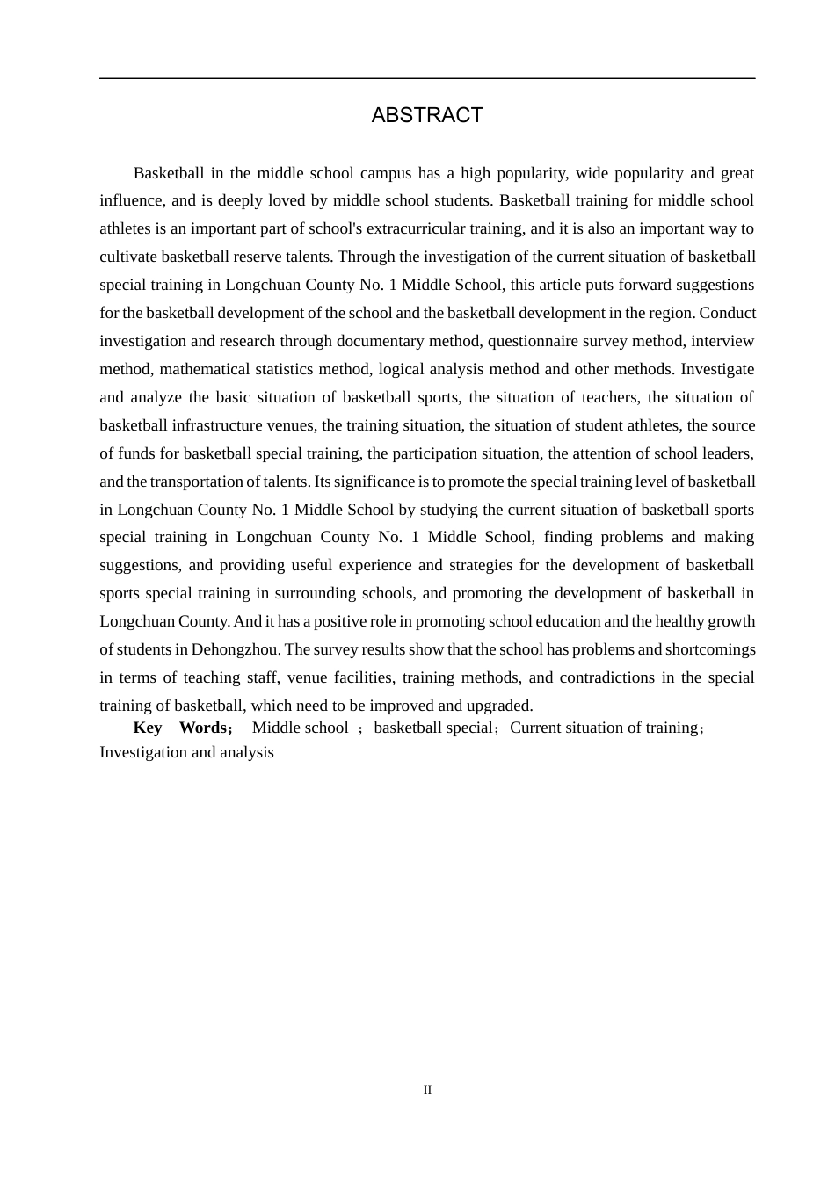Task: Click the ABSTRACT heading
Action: pyautogui.click(x=427, y=115)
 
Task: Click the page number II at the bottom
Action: pyautogui.click(x=427, y=1090)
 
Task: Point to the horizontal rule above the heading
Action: pyautogui.click(x=427, y=79)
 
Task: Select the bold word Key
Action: pyautogui.click(x=148, y=728)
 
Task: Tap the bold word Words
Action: pyautogui.click(x=203, y=728)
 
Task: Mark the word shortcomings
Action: pyautogui.click(x=710, y=649)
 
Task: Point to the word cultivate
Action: pyautogui.click(x=127, y=257)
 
